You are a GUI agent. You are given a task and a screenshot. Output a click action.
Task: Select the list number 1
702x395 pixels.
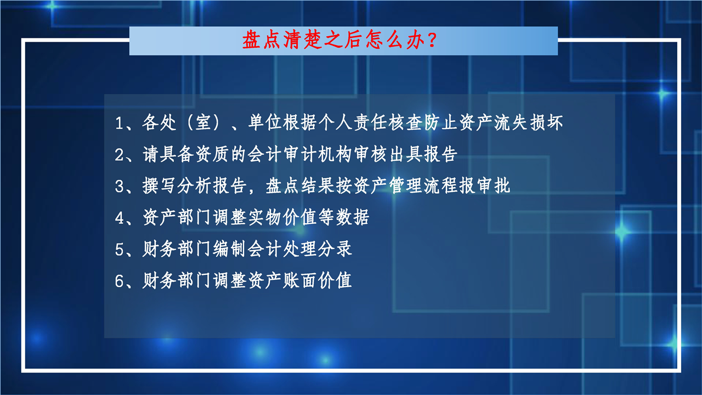tap(119, 123)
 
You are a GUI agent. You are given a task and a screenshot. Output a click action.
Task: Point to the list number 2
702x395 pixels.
tap(119, 155)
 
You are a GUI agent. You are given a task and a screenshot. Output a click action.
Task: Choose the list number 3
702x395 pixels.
tap(119, 186)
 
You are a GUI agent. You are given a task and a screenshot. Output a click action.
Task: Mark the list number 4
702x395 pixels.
tap(119, 218)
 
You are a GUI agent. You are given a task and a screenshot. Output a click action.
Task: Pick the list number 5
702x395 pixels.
tap(119, 250)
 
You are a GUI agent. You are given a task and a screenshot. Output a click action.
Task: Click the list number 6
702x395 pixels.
tap(119, 281)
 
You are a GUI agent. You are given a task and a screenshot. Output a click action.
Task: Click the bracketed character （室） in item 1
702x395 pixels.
tap(203, 122)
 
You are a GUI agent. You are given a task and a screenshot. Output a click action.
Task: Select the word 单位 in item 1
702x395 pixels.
tap(265, 122)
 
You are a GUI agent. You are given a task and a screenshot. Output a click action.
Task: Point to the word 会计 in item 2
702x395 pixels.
tap(265, 154)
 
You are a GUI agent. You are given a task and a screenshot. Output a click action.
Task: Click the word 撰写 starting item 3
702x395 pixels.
tap(159, 185)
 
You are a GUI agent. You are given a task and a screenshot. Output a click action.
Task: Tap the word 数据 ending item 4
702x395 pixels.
tap(353, 217)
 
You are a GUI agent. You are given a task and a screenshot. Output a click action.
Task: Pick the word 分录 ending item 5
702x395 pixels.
tap(335, 249)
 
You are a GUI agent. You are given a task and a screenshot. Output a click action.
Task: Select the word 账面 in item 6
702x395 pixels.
tap(299, 280)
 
